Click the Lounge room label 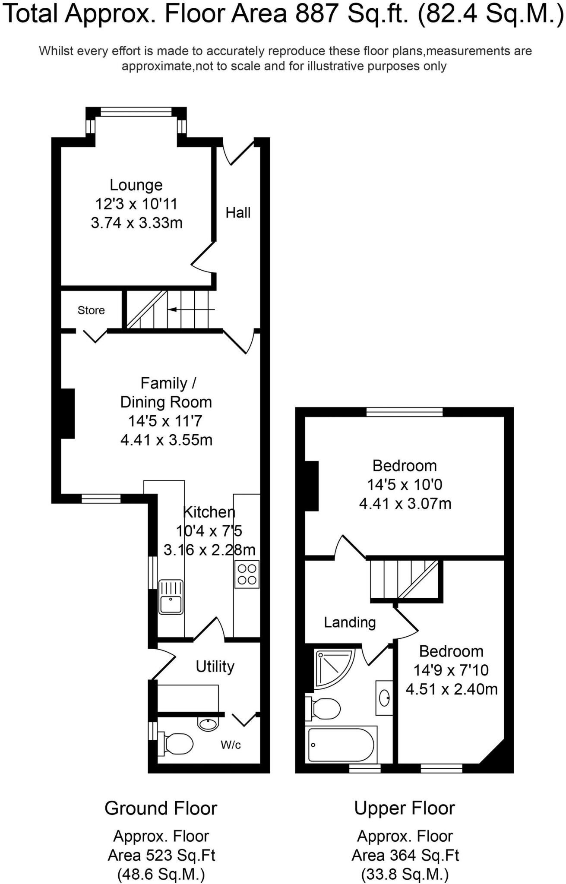136,185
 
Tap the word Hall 238,212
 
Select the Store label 91,310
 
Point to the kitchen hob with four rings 247,575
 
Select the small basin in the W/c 209,723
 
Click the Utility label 215,666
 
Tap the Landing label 350,622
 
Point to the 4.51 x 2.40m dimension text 451,689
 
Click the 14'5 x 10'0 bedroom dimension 405,484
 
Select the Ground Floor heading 161,808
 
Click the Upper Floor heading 405,808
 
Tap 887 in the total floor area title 315,14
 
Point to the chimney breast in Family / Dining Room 67,414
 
